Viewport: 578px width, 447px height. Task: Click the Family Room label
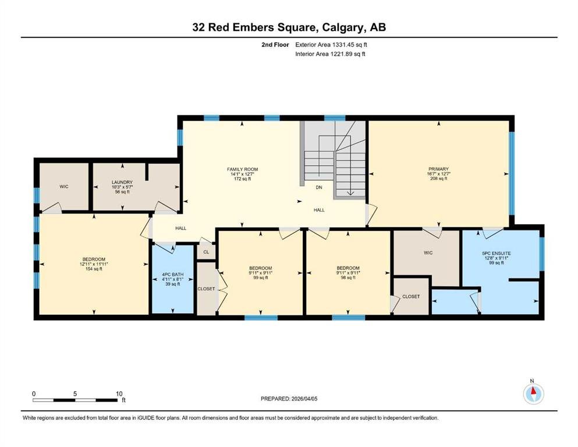242,169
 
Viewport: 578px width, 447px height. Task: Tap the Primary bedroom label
438,169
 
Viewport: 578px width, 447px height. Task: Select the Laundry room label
122,182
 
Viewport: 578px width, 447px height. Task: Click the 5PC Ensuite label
496,254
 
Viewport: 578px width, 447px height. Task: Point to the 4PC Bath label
172,275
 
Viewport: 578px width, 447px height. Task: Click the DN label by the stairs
319,187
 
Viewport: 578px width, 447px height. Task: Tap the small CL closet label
206,252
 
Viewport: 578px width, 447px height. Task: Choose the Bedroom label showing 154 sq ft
94,259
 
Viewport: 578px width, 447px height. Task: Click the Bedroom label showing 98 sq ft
347,268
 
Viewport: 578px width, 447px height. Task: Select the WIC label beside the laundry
64,187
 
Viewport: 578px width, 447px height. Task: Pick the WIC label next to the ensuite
428,253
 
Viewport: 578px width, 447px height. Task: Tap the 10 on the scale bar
119,393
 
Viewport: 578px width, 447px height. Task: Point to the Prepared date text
289,399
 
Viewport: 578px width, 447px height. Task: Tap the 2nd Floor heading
275,45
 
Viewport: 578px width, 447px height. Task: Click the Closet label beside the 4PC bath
206,289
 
